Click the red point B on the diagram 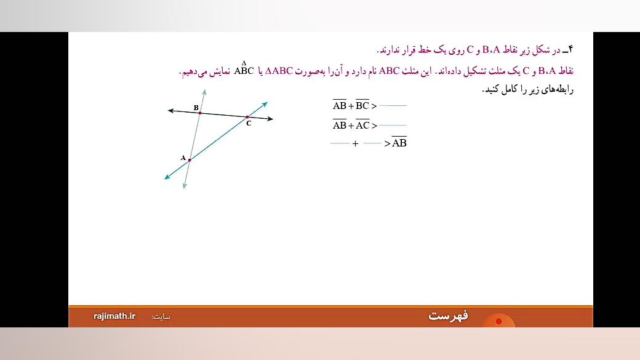[x=199, y=113]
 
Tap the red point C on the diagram [x=247, y=116]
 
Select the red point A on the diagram [x=190, y=160]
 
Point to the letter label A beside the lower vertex [x=183, y=158]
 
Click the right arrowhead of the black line [x=271, y=118]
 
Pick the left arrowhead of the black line [x=170, y=111]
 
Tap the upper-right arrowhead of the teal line [x=265, y=103]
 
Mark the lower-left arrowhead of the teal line [x=167, y=178]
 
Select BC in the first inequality [x=362, y=106]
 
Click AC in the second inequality [x=362, y=126]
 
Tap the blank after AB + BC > [x=393, y=106]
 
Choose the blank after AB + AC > [x=393, y=126]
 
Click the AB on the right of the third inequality [x=399, y=143]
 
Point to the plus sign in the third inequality [x=355, y=144]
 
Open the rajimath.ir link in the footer [x=114, y=316]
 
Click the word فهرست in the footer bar [x=448, y=316]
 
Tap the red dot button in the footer [x=498, y=321]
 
